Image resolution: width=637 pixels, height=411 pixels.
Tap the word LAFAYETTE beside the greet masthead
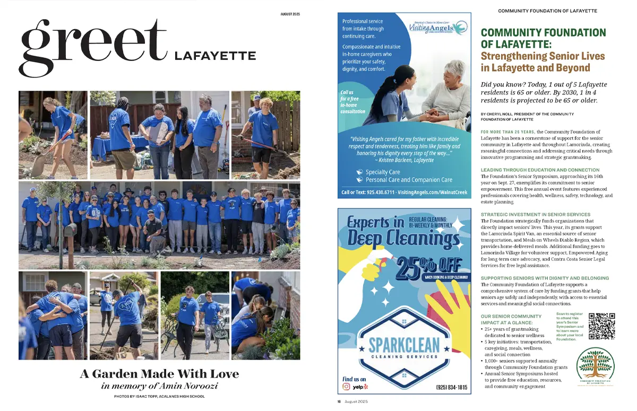point(215,56)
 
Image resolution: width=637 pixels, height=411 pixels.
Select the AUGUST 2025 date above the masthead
point(290,14)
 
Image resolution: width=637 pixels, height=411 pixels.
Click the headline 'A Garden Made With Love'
point(159,374)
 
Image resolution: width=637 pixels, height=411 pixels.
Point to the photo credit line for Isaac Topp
point(159,397)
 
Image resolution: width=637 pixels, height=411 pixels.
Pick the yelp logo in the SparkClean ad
point(361,387)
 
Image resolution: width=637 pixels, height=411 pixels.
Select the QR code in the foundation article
point(601,326)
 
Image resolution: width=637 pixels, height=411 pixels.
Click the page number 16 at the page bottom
point(339,401)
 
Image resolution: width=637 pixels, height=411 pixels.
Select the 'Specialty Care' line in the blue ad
point(382,172)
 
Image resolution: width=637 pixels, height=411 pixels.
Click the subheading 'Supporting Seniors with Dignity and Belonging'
point(545,278)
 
